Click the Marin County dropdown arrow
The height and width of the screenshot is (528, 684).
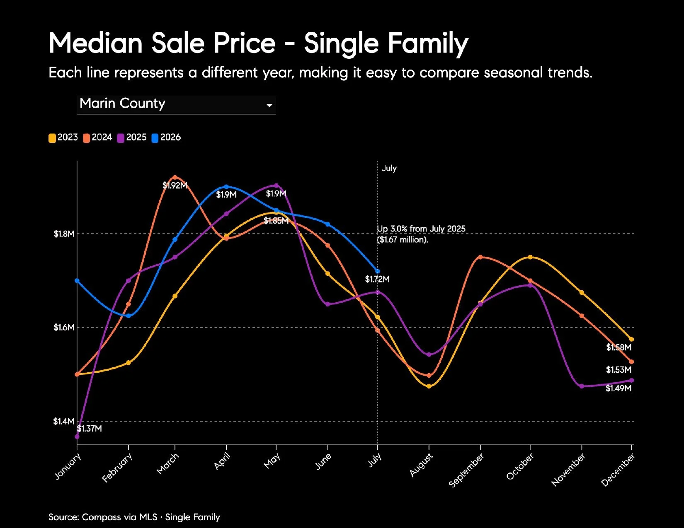tap(269, 105)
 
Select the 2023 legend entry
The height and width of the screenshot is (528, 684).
tap(63, 138)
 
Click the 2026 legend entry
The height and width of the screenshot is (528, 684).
tap(166, 138)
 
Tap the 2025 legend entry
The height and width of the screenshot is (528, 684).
tap(132, 138)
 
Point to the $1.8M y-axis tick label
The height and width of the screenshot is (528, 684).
tap(64, 234)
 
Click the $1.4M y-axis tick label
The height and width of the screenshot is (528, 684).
tap(63, 421)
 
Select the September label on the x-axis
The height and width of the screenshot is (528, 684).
tap(466, 470)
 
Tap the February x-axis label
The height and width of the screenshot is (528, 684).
tap(117, 468)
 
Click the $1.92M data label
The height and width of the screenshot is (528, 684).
tap(175, 186)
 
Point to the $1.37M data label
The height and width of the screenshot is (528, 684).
tap(90, 429)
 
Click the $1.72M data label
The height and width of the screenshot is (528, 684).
tap(377, 279)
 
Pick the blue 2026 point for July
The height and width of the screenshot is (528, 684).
tap(377, 271)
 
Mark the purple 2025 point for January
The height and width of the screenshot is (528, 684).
tap(77, 436)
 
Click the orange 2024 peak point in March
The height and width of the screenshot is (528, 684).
tap(175, 177)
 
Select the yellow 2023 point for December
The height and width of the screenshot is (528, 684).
tap(631, 339)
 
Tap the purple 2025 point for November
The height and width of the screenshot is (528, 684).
tap(581, 386)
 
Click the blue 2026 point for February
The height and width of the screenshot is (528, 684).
tap(129, 316)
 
